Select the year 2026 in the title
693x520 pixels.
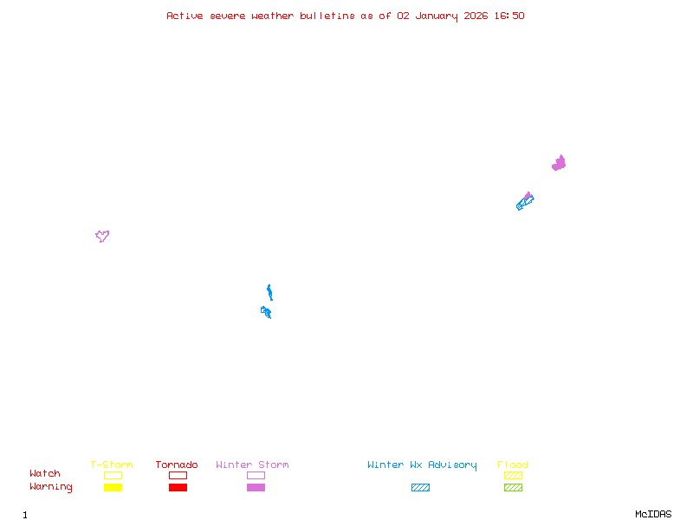(x=475, y=16)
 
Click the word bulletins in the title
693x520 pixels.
(x=327, y=16)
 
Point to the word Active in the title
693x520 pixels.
(x=185, y=16)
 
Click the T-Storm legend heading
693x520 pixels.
(x=112, y=465)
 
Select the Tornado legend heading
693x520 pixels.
(x=177, y=465)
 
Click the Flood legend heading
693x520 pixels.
(x=513, y=465)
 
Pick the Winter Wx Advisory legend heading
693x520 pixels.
(x=422, y=465)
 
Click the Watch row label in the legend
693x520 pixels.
(x=45, y=474)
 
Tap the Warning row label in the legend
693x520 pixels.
(x=51, y=487)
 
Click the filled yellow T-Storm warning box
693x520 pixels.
(x=113, y=488)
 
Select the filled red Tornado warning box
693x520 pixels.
(x=178, y=488)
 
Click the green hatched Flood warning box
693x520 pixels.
(x=513, y=488)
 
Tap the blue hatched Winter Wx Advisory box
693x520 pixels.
(x=420, y=488)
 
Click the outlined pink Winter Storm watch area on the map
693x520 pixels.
(x=102, y=236)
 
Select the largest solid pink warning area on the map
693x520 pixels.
(x=559, y=163)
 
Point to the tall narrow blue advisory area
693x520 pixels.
(x=269, y=291)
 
